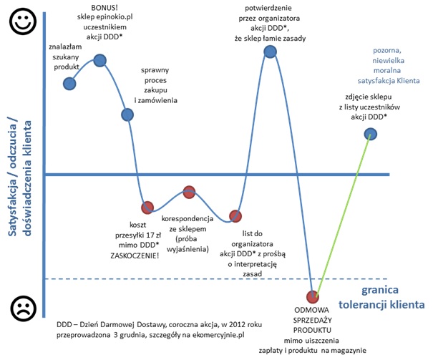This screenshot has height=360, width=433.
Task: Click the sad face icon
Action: [x=21, y=309]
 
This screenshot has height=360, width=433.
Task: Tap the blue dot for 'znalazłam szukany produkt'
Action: [x=69, y=84]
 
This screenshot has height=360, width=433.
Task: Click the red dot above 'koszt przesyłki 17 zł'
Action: [x=147, y=208]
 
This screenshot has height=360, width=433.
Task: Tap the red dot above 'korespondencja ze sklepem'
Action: [x=189, y=191]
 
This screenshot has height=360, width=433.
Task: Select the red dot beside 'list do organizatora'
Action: [x=235, y=215]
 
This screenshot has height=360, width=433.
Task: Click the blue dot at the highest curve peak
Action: [x=270, y=52]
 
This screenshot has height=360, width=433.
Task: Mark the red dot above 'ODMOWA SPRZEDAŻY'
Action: [x=312, y=296]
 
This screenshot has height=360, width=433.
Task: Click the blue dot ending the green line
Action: [x=370, y=133]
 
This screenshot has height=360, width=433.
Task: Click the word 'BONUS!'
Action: [x=99, y=8]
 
